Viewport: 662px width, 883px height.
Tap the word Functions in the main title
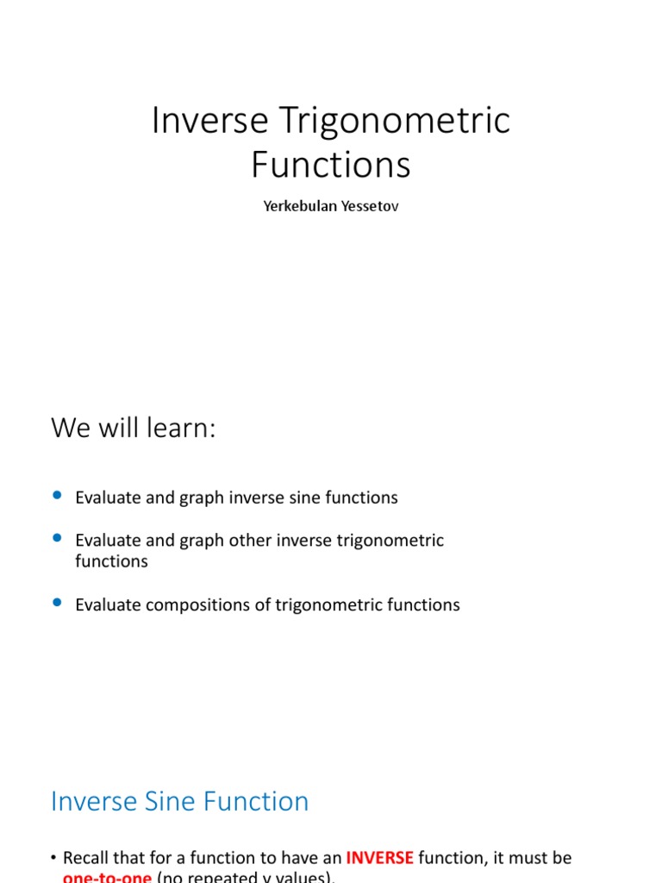(331, 164)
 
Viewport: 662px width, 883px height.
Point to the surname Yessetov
(367, 208)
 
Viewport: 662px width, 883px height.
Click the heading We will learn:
(133, 427)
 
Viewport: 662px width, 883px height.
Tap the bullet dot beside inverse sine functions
(58, 495)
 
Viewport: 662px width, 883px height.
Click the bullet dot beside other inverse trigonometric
(58, 538)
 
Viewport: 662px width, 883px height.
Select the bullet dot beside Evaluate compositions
(58, 603)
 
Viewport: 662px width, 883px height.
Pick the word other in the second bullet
(249, 541)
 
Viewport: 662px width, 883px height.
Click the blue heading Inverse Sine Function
(179, 801)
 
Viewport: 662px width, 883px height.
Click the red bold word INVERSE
(379, 858)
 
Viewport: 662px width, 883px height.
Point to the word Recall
(87, 858)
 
